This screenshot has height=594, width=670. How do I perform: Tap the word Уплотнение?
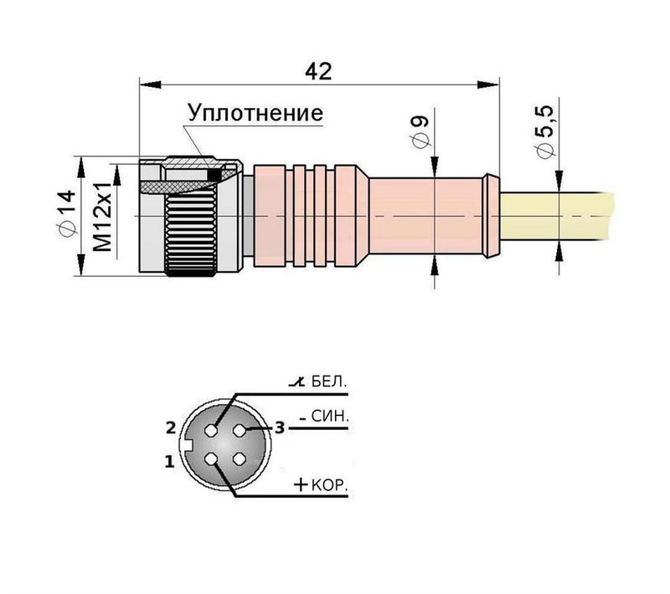(x=255, y=113)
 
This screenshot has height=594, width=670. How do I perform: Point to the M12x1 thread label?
(x=102, y=217)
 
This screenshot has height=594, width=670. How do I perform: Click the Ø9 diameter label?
(x=422, y=132)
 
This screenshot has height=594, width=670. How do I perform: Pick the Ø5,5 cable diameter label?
(x=546, y=131)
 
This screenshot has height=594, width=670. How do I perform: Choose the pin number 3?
(x=281, y=428)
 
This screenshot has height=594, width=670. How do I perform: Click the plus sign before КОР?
(x=301, y=485)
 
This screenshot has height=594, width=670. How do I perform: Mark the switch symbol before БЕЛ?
(x=295, y=383)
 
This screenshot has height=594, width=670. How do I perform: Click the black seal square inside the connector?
(x=214, y=176)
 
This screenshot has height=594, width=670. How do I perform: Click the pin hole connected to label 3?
(x=241, y=430)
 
